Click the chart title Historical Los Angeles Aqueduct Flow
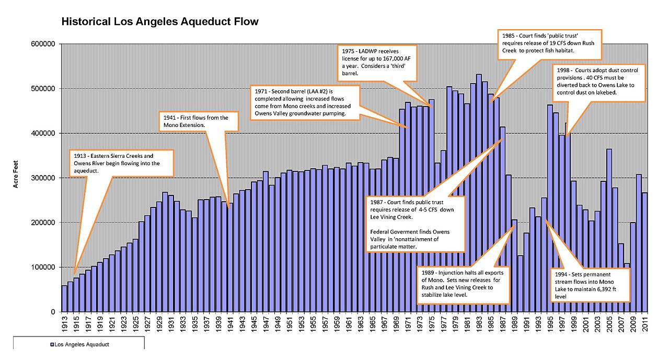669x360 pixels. pos(160,22)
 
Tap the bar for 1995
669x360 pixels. pos(550,208)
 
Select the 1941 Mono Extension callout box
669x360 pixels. pos(198,121)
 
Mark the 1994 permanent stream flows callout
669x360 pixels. pos(591,285)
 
